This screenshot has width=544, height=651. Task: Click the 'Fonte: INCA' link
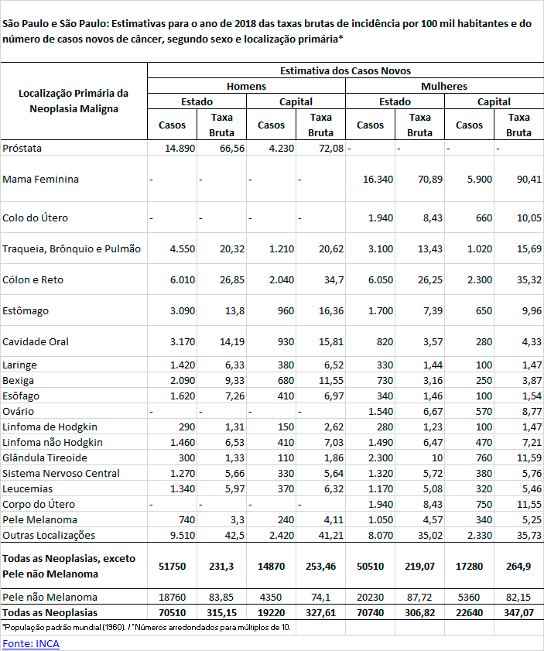[31, 643]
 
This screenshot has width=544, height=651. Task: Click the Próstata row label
[22, 148]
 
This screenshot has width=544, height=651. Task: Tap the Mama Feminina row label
[40, 179]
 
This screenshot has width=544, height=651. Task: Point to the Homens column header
[246, 87]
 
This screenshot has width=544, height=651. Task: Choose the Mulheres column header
[444, 87]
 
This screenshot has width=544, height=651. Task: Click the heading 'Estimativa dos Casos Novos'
[345, 70]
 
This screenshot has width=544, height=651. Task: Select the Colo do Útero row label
[36, 218]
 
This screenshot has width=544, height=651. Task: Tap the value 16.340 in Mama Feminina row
[378, 179]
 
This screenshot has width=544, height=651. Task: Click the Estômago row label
[26, 310]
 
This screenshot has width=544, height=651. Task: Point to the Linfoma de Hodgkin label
[50, 427]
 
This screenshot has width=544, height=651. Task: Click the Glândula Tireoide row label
[45, 457]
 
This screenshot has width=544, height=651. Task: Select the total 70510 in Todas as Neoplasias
[172, 612]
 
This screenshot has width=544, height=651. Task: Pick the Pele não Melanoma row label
[50, 597]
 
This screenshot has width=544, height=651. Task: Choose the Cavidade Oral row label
[35, 341]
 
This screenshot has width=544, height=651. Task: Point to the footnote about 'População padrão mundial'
[147, 627]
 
